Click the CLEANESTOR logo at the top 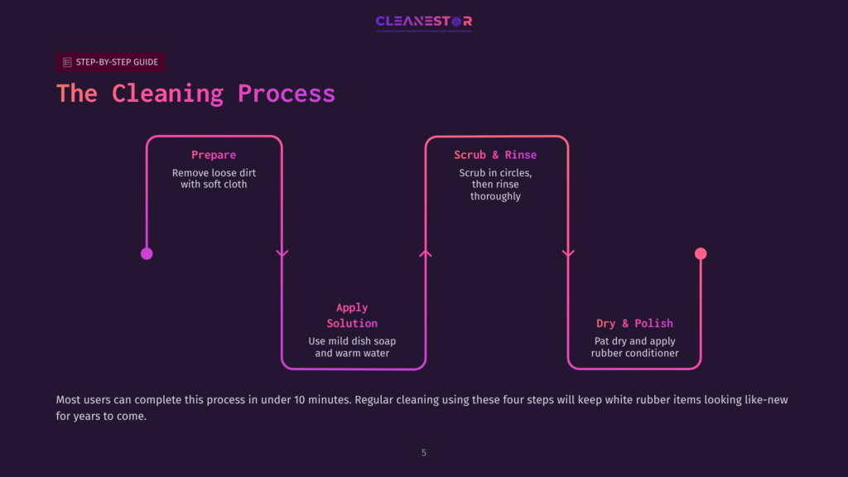tap(423, 22)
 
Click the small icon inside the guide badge tap(67, 62)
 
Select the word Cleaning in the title tap(167, 93)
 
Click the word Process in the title tap(287, 93)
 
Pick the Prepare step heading tap(214, 155)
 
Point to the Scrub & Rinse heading tap(495, 155)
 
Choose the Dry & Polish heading tap(634, 323)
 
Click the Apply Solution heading tap(352, 316)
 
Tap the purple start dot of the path tap(147, 253)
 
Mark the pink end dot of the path tap(701, 253)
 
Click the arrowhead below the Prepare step tap(282, 253)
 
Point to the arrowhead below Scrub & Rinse tap(568, 253)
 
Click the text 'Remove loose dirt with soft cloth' tap(214, 178)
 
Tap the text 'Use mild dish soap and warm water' tap(352, 347)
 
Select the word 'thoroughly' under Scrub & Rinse tap(495, 196)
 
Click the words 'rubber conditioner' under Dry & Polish tap(634, 353)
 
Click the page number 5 tap(424, 452)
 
